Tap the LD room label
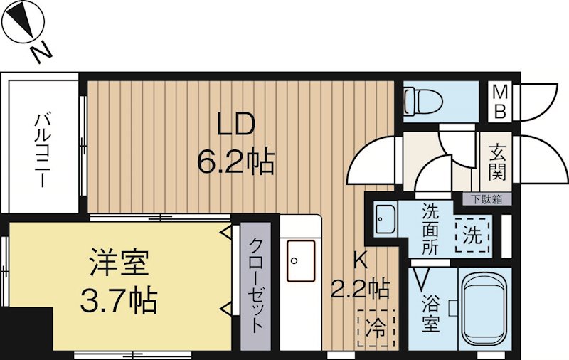[x=235, y=127]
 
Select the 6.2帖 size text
[x=235, y=164]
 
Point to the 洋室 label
[x=119, y=263]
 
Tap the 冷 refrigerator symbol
[x=375, y=329]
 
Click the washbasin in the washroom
[x=386, y=221]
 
